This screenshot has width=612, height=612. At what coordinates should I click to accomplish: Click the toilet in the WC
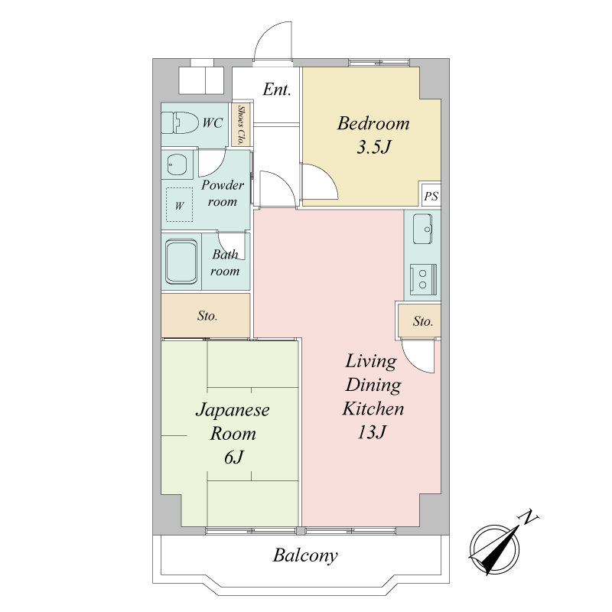(x=180, y=122)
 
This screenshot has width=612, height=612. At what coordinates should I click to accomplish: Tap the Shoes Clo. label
(x=241, y=125)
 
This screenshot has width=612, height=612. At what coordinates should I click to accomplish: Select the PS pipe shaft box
(x=431, y=196)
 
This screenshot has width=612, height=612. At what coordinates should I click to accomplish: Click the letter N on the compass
(x=529, y=518)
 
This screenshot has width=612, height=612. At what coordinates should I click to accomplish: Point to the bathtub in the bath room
(x=181, y=261)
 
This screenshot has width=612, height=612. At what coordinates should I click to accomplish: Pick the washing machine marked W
(x=179, y=204)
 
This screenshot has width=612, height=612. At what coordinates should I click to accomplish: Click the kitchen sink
(x=423, y=229)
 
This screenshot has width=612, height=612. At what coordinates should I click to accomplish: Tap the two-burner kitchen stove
(x=423, y=279)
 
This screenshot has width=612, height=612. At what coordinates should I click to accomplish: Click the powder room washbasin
(x=177, y=164)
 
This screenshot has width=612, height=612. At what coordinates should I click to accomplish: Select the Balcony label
(x=305, y=555)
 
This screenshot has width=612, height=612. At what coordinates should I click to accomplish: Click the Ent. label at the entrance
(x=277, y=90)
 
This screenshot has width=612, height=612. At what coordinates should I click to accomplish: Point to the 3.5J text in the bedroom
(x=373, y=148)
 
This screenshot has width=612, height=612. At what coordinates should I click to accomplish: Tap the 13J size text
(x=372, y=432)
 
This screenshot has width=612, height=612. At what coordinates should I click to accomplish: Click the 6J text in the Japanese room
(x=234, y=457)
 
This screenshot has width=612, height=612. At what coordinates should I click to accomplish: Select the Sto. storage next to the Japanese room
(x=206, y=315)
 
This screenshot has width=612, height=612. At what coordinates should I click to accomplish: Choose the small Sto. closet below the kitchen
(x=419, y=321)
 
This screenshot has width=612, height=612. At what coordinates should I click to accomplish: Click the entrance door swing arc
(x=265, y=31)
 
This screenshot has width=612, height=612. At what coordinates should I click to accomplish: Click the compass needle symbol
(x=494, y=550)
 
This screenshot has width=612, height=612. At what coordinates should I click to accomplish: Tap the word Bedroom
(x=373, y=123)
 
